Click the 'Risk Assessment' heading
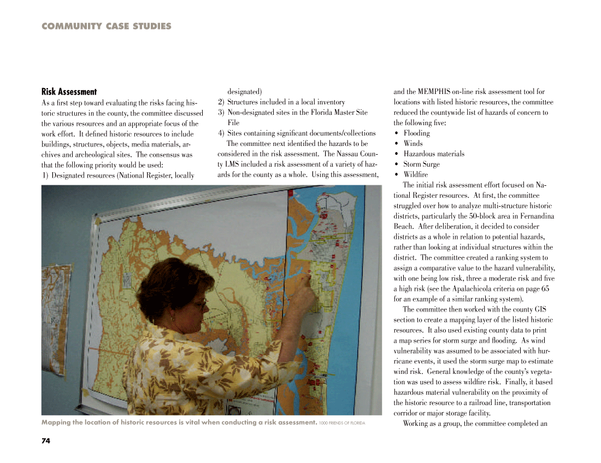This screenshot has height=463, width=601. point(69,92)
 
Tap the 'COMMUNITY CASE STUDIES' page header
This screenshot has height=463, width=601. point(106,26)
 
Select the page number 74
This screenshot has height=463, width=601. point(45,441)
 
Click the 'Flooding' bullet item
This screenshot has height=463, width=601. point(416,133)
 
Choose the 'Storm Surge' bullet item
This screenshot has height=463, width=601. point(421,165)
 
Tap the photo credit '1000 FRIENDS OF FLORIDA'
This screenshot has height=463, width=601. point(343,423)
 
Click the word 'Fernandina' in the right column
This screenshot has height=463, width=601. point(533,216)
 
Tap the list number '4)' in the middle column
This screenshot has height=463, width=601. point(221,133)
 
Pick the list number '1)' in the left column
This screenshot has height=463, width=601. point(45,175)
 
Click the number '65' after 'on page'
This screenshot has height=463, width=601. point(545,289)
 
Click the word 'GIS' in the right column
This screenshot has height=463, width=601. point(540,309)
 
